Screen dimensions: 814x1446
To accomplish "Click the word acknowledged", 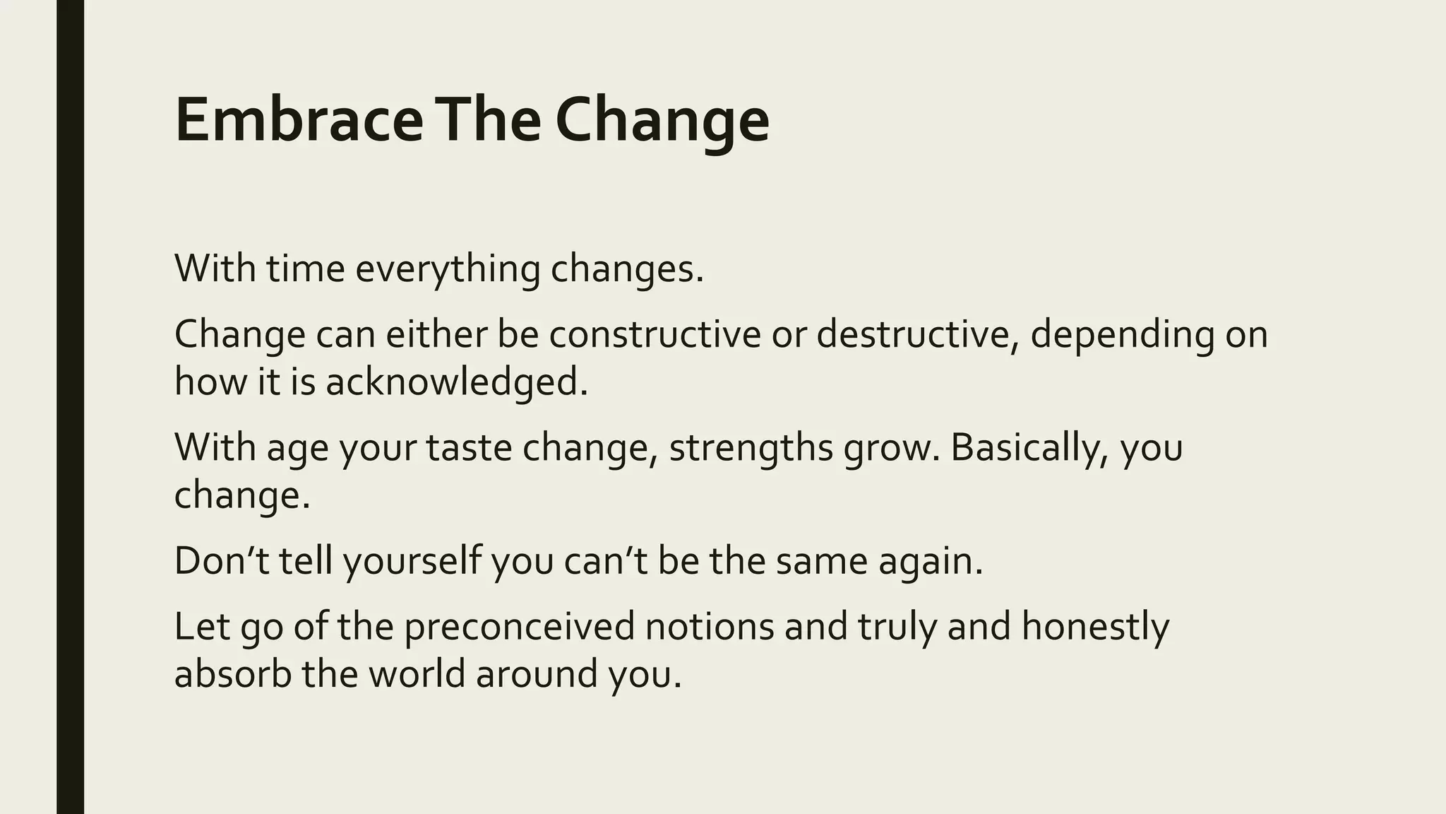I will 456,382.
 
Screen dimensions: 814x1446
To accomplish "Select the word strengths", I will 751,447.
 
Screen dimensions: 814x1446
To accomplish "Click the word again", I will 930,561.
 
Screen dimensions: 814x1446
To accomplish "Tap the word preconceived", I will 520,627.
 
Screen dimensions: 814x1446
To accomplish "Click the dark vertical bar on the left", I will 70,407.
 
